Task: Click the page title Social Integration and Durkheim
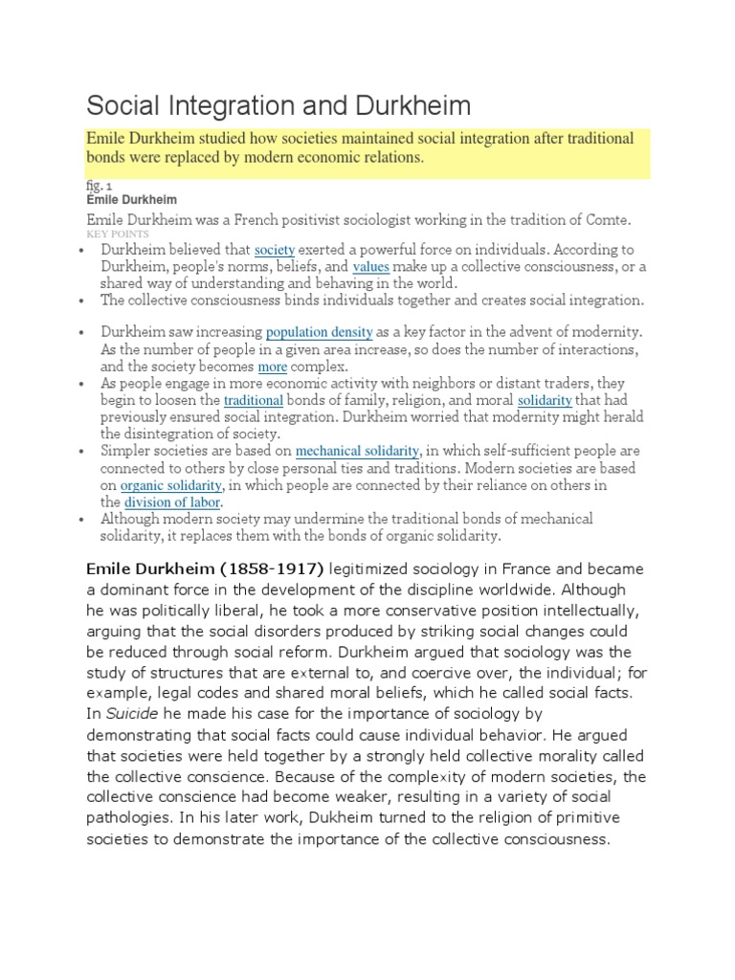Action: tap(278, 105)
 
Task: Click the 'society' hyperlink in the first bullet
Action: tap(275, 250)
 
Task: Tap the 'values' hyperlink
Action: tap(371, 267)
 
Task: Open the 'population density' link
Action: tap(320, 333)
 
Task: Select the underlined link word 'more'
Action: tap(273, 367)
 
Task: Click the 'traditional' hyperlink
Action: tap(254, 400)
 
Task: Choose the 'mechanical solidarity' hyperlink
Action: tap(357, 451)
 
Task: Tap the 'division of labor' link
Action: tap(173, 502)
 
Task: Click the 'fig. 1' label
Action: tap(100, 186)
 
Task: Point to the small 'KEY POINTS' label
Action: tap(117, 234)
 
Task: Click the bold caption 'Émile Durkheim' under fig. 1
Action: tap(131, 200)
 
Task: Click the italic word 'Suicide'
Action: tap(129, 713)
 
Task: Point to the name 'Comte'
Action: tap(607, 220)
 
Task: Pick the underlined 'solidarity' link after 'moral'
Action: tap(545, 400)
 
